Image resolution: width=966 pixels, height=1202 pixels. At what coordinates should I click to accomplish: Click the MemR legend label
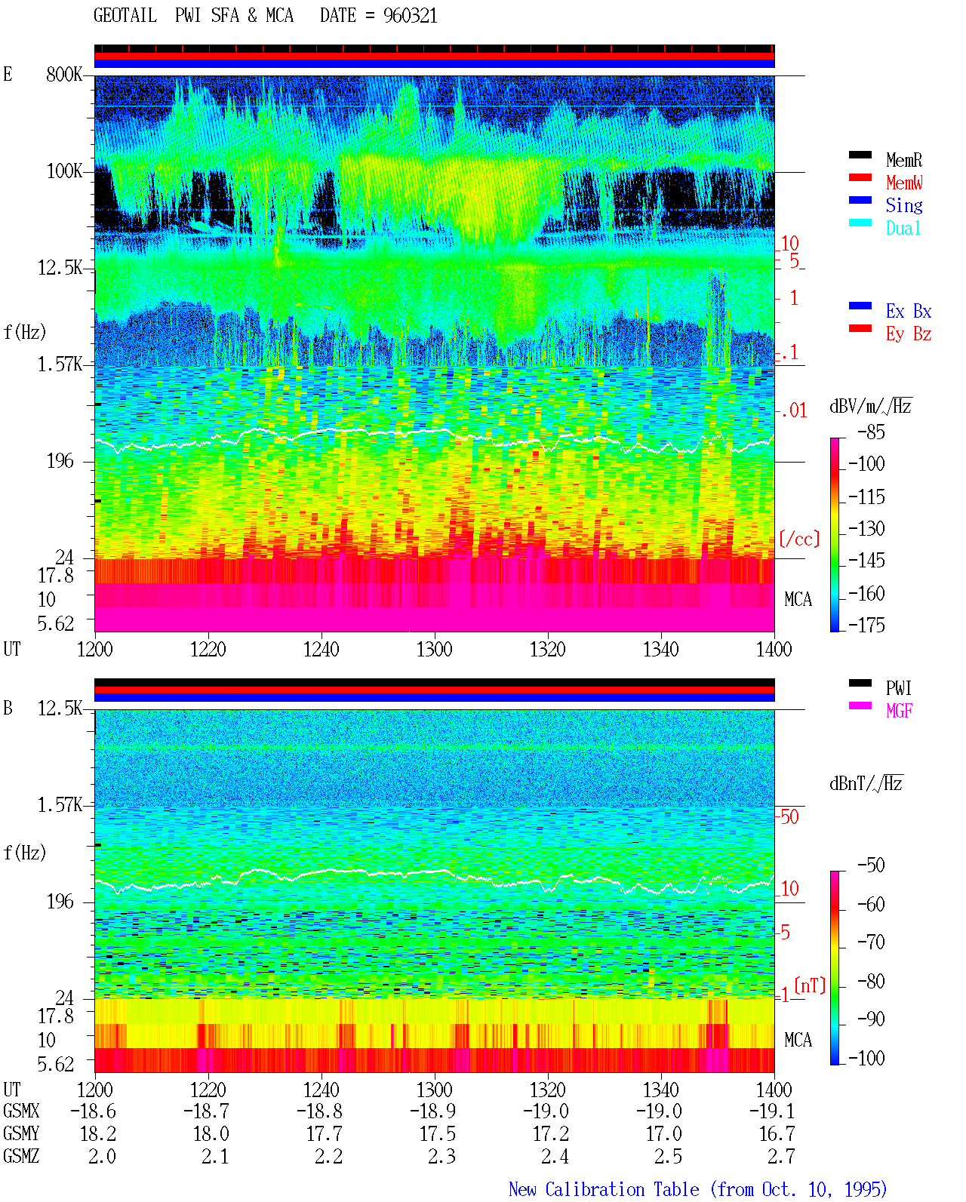coord(903,160)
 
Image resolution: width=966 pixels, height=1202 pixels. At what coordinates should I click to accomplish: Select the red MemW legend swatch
coord(860,177)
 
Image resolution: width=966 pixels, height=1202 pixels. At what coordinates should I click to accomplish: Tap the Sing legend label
coord(903,205)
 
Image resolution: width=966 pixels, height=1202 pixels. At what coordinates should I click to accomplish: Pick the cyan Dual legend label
coord(903,228)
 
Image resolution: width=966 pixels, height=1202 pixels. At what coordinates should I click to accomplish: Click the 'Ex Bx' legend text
coord(908,311)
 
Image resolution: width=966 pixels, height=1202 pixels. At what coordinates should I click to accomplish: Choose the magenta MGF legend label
coord(899,711)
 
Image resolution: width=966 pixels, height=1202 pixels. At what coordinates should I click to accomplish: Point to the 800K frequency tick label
coord(64,74)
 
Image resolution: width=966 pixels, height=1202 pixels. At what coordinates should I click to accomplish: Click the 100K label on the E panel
coord(64,171)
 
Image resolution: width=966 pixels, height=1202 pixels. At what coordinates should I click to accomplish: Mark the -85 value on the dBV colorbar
coord(871,432)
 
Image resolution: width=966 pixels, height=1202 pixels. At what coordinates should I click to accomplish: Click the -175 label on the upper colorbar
coord(866,625)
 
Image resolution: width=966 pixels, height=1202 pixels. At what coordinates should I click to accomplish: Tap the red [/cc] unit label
coord(799,539)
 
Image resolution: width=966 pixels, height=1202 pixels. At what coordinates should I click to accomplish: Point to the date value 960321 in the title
coord(410,16)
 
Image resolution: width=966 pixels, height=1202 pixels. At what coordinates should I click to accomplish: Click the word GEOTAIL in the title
coord(125,16)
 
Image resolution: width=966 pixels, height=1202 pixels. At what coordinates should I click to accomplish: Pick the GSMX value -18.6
coord(93,1111)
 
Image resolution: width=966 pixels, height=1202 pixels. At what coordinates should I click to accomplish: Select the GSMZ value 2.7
coord(781,1156)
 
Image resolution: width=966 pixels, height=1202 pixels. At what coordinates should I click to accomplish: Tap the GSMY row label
coord(21,1134)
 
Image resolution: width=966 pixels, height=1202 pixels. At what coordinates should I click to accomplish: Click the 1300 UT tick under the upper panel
coord(434,650)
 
